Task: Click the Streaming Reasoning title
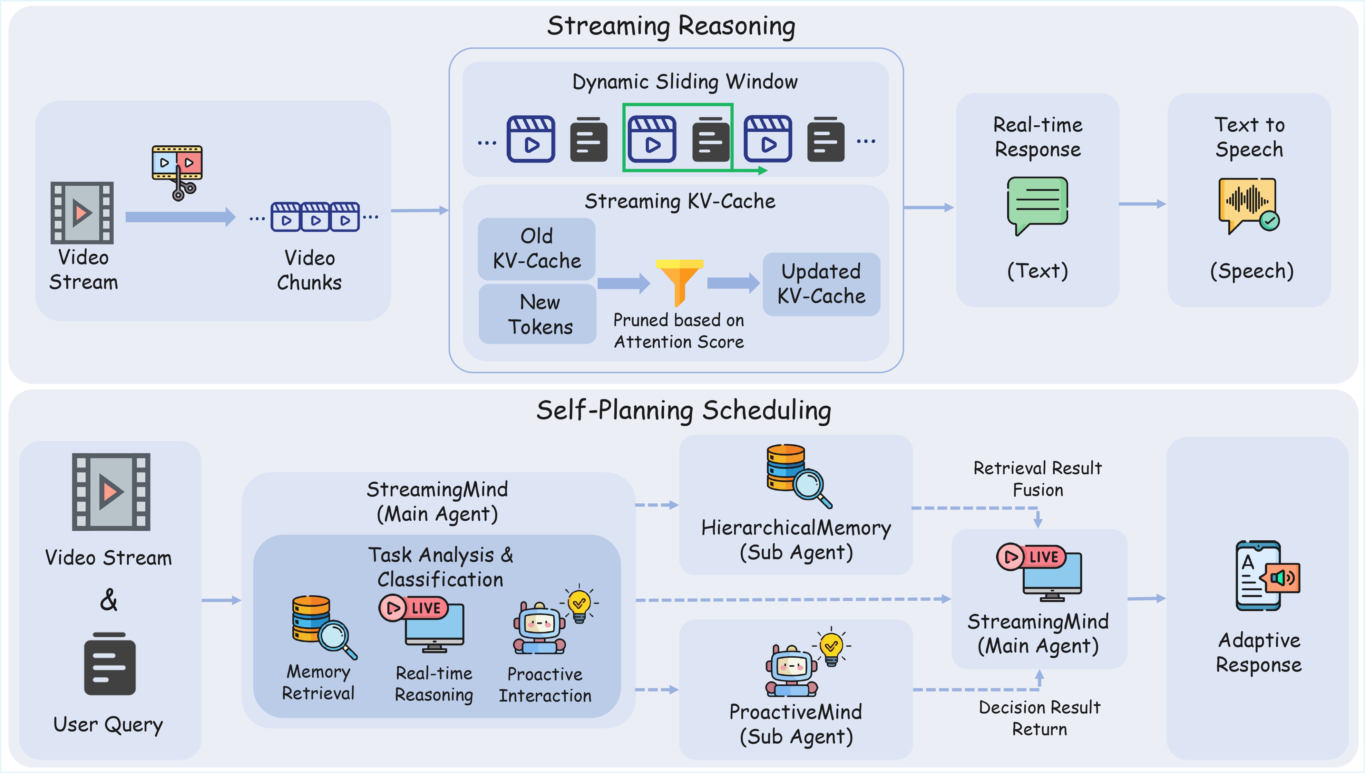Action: coord(671,26)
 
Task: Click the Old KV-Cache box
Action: coord(537,249)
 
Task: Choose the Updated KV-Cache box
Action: coord(821,284)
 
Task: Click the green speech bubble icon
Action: coord(1037,204)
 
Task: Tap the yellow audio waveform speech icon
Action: coord(1248,204)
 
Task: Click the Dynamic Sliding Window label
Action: coord(685,82)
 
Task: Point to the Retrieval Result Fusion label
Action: coord(1037,479)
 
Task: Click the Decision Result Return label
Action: coord(1039,718)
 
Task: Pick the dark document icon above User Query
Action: coord(110,664)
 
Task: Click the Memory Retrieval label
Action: coord(318,682)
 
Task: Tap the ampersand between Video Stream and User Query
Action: coord(109,600)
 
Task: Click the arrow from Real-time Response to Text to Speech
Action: coord(1142,204)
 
